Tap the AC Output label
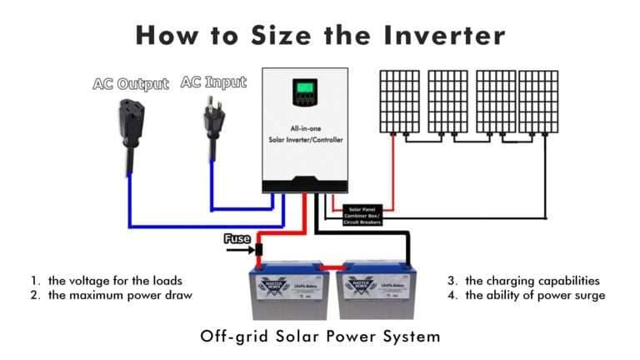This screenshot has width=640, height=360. coord(130,84)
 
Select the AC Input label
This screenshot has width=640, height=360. coord(214,82)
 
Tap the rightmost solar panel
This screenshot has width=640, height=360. coord(538,100)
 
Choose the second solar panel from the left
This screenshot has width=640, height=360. coord(447,100)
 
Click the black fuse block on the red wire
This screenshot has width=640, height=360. coord(260,249)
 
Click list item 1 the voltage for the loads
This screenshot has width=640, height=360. coord(103,281)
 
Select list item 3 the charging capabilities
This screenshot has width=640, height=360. coord(523,281)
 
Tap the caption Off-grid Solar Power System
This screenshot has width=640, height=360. coord(320,337)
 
